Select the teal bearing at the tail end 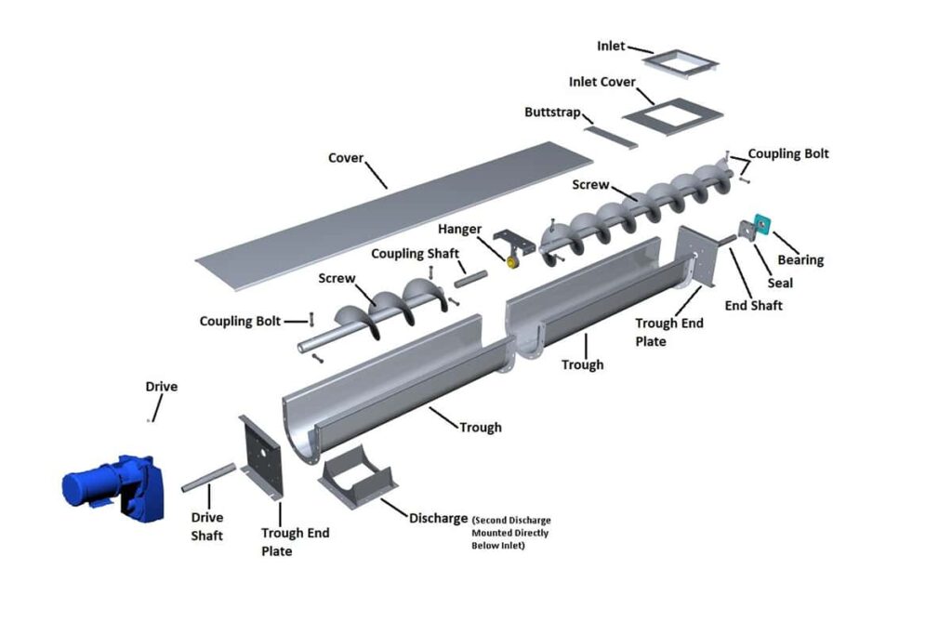(764, 223)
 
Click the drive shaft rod (209, 477)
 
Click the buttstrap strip (612, 136)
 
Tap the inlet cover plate (671, 117)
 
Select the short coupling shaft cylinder (470, 277)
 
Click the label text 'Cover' (346, 158)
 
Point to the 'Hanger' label (459, 230)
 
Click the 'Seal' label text (780, 283)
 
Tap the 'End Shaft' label (753, 305)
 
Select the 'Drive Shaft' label (207, 526)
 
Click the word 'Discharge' (438, 518)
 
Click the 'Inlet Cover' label (602, 82)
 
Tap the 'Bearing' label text (800, 260)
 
